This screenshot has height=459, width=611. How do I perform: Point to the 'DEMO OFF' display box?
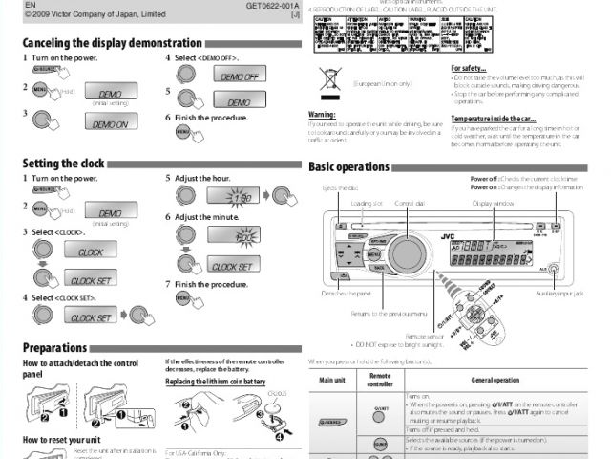pos(240,76)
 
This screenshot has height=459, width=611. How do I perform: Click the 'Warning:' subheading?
pos(321,114)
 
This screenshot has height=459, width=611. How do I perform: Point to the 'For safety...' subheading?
pos(469,69)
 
